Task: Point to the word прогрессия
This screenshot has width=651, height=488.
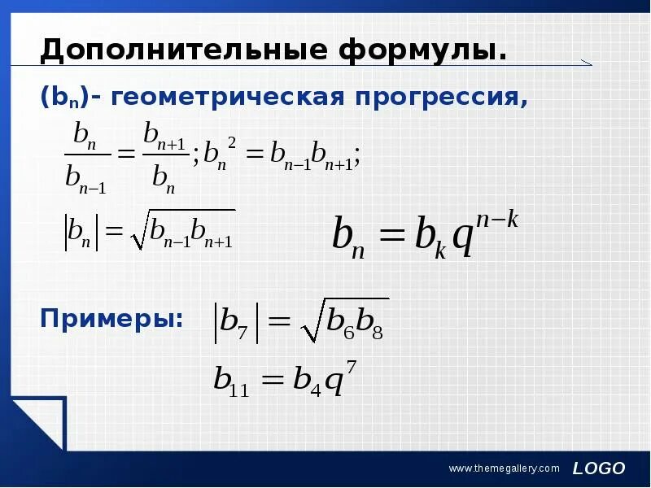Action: coord(440,98)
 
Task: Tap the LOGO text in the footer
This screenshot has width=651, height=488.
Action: coord(598,468)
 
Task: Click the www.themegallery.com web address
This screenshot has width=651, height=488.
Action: coord(505,468)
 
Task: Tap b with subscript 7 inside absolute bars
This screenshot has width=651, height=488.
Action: coord(236,323)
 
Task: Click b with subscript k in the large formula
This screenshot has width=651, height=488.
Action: coord(428,237)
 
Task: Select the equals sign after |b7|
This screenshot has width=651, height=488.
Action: coord(278,323)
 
